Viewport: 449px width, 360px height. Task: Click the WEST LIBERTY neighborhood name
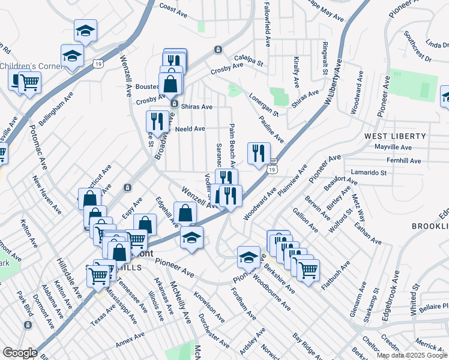[395, 137]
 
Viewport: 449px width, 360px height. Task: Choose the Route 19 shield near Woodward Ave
[273, 170]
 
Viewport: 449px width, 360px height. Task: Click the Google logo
[20, 353]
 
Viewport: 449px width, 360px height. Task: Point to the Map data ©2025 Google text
[412, 355]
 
